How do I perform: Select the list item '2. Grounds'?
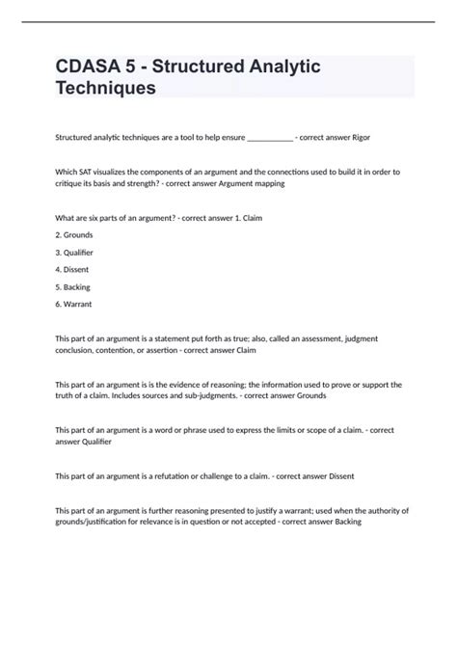pyautogui.click(x=74, y=234)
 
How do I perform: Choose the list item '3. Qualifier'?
pyautogui.click(x=74, y=252)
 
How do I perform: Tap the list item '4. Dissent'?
pyautogui.click(x=72, y=269)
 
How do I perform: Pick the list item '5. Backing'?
pyautogui.click(x=73, y=286)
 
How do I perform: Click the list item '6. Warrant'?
pyautogui.click(x=74, y=304)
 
